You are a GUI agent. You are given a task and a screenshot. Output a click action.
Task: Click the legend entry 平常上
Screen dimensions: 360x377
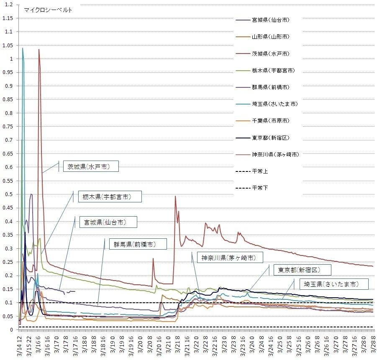pos(260,171)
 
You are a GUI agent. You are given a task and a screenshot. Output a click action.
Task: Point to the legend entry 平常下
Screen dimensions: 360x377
pos(260,188)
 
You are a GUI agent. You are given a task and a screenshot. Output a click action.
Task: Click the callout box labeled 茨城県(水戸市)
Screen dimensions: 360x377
pos(89,166)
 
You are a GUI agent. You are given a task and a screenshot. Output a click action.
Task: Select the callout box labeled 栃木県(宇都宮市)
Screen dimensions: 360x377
pos(106,197)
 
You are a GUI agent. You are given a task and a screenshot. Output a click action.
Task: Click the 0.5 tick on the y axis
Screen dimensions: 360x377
pos(9,194)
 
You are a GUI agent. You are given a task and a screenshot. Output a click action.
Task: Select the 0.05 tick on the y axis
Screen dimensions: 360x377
pos(8,316)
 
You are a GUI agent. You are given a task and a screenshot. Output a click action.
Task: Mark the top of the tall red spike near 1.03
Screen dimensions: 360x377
pos(39,49)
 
